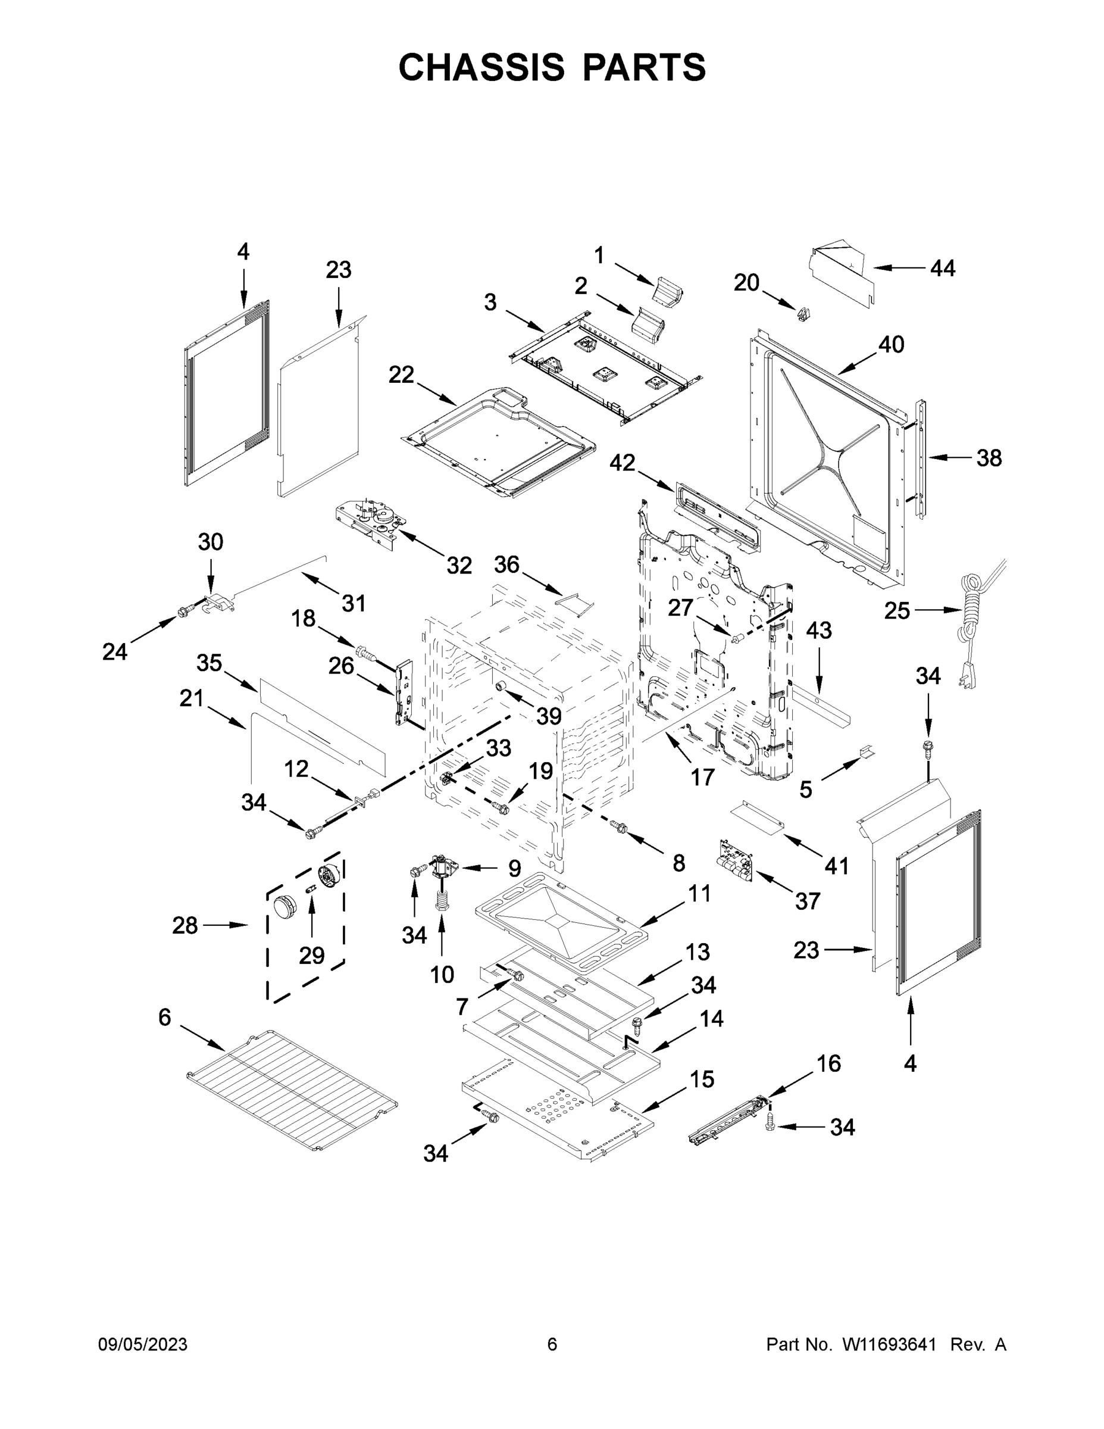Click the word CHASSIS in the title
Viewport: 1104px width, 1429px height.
(x=481, y=67)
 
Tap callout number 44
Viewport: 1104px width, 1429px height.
(x=943, y=269)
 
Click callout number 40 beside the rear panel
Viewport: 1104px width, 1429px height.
(x=891, y=344)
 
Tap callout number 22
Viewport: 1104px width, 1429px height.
(x=401, y=375)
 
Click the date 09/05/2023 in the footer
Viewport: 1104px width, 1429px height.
(x=143, y=1344)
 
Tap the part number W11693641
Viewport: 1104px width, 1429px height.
(x=889, y=1344)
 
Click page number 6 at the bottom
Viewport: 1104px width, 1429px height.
(x=552, y=1344)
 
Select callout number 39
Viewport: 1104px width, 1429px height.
(x=549, y=716)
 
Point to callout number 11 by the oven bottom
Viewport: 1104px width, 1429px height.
(x=699, y=893)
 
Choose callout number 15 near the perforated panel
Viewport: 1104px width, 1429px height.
(x=702, y=1079)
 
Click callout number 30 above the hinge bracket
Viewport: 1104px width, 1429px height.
(x=211, y=542)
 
